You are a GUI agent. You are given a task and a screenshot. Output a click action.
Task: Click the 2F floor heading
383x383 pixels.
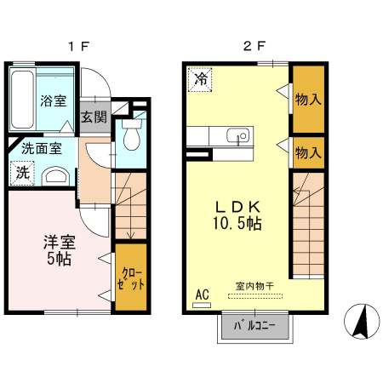(x=254, y=47)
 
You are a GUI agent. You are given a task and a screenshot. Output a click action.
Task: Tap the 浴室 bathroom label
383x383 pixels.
(x=53, y=101)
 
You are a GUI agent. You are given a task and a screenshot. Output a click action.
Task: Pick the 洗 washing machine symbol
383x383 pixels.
(x=22, y=171)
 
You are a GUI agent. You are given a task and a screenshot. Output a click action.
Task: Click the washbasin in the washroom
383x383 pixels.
(x=54, y=175)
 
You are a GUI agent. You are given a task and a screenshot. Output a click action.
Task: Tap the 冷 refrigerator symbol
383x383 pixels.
(x=202, y=79)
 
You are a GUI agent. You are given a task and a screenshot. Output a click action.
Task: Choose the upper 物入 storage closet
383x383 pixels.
(x=309, y=100)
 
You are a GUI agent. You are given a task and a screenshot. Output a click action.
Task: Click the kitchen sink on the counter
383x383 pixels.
(x=235, y=135)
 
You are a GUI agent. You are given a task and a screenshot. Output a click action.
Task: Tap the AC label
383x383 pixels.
(x=202, y=295)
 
